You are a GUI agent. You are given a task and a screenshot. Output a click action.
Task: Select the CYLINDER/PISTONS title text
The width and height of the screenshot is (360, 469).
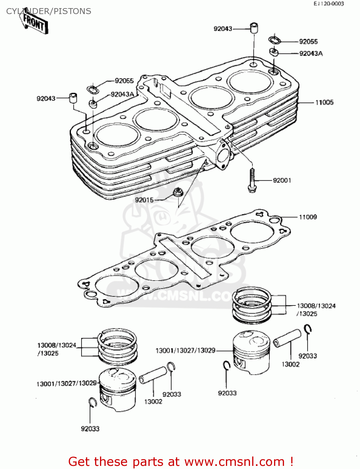[49, 11]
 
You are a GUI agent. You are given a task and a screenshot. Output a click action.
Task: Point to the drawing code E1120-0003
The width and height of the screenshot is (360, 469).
[329, 4]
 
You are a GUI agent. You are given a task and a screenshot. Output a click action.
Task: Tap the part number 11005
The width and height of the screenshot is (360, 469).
[324, 103]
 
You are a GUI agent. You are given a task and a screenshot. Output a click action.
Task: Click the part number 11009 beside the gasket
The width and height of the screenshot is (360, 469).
[308, 217]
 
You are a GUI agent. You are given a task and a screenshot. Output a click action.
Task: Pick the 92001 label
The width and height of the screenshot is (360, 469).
[282, 180]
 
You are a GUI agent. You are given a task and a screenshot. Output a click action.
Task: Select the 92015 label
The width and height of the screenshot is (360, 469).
[144, 200]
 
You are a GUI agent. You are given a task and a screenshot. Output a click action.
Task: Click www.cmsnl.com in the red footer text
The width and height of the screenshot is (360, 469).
[234, 461]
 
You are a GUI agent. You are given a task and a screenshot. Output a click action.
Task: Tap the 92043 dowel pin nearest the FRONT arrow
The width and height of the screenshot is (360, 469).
[73, 98]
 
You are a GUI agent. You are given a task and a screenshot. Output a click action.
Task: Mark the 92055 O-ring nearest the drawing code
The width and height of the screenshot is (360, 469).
[275, 40]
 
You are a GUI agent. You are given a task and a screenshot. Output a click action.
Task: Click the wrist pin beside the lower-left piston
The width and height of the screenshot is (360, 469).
[153, 375]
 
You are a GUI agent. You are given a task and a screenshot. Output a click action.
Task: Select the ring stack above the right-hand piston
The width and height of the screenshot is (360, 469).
[252, 305]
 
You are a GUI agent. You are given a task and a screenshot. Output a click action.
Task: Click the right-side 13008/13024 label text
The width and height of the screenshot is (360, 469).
[316, 306]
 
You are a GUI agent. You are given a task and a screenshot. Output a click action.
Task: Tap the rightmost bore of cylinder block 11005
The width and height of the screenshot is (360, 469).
[250, 82]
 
